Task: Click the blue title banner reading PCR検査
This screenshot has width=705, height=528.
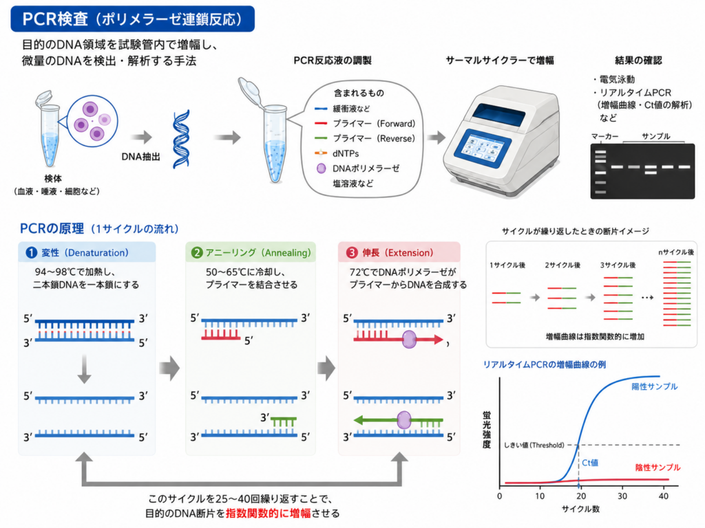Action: pyautogui.click(x=133, y=19)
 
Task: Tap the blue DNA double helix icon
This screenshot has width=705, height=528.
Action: pyautogui.click(x=182, y=139)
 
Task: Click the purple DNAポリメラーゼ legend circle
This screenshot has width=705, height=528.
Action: pyautogui.click(x=321, y=168)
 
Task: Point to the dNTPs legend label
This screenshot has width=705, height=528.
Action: pyautogui.click(x=346, y=153)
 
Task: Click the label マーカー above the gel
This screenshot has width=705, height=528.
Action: pyautogui.click(x=604, y=136)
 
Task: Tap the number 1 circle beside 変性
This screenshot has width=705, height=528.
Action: pyautogui.click(x=31, y=253)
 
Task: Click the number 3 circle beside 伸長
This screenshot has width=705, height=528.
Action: pyautogui.click(x=351, y=253)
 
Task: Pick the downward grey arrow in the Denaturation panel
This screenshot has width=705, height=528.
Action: pyautogui.click(x=84, y=369)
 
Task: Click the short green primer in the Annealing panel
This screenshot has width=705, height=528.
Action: pyautogui.click(x=284, y=421)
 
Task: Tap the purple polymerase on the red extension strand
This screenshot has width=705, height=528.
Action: pyautogui.click(x=409, y=340)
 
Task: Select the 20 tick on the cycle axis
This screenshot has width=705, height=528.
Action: pyautogui.click(x=581, y=496)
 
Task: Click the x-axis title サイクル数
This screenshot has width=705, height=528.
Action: pyautogui.click(x=580, y=509)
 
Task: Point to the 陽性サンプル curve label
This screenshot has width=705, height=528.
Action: pyautogui.click(x=654, y=386)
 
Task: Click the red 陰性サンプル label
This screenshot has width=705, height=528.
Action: pyautogui.click(x=657, y=467)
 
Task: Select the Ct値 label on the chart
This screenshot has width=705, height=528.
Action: pyautogui.click(x=590, y=463)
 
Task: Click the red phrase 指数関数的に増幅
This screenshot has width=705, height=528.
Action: pyautogui.click(x=268, y=513)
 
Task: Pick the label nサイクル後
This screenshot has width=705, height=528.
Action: pyautogui.click(x=676, y=252)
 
